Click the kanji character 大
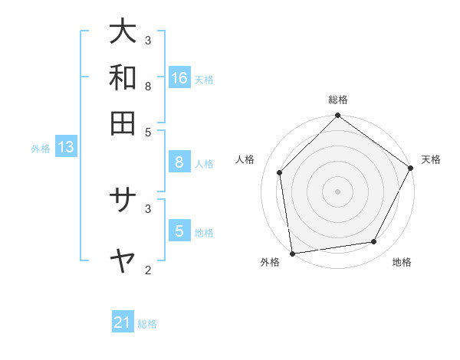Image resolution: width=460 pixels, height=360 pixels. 123,32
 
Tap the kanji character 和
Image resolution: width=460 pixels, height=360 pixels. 123,77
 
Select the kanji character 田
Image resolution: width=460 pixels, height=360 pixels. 123,123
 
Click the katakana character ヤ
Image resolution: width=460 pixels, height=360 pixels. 123,261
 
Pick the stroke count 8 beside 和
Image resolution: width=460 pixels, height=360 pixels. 148,86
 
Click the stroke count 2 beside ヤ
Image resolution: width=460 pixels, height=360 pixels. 148,270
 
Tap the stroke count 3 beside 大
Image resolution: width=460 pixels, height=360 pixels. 148,40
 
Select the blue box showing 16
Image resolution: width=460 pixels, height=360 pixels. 179,78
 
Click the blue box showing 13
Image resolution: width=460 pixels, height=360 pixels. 65,147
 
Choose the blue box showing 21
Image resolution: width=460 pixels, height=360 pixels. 123,322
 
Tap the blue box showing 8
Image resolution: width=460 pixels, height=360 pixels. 179,162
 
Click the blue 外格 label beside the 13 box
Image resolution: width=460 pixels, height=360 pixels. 41,149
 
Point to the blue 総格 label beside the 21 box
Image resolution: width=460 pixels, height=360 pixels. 147,324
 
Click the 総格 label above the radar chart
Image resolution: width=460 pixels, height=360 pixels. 338,100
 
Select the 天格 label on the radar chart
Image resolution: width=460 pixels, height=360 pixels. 431,159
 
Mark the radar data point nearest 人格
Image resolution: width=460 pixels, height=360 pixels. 280,172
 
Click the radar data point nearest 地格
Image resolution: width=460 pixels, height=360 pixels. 374,241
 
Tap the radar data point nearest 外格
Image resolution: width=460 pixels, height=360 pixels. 292,253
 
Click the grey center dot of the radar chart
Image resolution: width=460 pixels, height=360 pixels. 338,191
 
